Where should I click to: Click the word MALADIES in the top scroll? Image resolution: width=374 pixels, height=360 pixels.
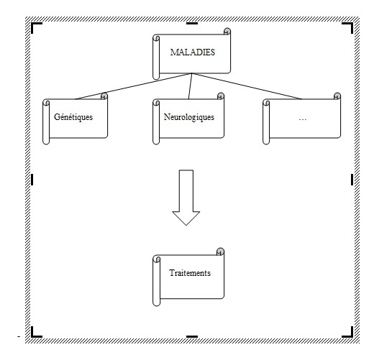[193, 52]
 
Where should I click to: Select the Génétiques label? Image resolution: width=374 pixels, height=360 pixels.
[73, 117]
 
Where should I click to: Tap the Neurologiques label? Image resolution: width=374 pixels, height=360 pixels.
[189, 117]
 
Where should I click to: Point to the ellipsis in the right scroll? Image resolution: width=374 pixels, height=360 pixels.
[303, 119]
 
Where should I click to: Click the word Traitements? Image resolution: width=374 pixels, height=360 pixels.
[190, 273]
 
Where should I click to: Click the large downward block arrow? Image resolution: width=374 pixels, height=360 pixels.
[186, 198]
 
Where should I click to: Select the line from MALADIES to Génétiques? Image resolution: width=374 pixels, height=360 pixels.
[134, 86]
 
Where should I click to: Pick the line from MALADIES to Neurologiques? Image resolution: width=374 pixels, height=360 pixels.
[191, 86]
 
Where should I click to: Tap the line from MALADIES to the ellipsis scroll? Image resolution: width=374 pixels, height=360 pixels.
[247, 86]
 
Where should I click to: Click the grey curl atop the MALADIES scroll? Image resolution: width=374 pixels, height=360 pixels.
[227, 31]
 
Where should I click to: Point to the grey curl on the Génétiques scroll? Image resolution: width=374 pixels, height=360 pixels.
[104, 96]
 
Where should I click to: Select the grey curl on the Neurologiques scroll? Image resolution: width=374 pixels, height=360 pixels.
[221, 96]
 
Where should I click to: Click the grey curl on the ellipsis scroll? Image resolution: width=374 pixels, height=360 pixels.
[337, 96]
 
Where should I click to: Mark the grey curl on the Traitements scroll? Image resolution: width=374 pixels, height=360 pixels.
[220, 251]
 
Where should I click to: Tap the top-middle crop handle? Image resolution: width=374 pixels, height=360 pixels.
[192, 23]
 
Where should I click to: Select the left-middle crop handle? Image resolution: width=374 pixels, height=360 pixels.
[32, 180]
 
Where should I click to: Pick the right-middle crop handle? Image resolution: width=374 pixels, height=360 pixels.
[352, 180]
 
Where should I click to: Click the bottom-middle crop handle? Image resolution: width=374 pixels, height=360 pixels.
[192, 336]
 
